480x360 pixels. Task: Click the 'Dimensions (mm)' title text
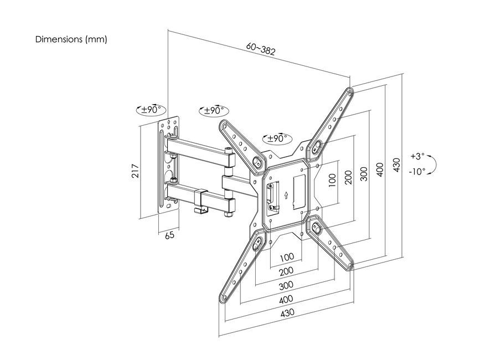pyautogui.click(x=71, y=40)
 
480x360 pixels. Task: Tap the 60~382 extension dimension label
pyautogui.click(x=261, y=50)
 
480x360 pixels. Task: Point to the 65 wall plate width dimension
pyautogui.click(x=170, y=235)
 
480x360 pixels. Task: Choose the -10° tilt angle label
pyautogui.click(x=417, y=172)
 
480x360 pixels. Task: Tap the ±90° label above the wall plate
pyautogui.click(x=151, y=110)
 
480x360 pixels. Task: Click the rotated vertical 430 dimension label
pyautogui.click(x=396, y=164)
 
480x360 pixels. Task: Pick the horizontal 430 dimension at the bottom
pyautogui.click(x=287, y=312)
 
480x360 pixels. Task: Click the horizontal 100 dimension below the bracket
pyautogui.click(x=286, y=258)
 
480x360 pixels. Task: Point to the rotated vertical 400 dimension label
pyautogui.click(x=380, y=168)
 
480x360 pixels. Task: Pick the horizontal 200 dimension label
pyautogui.click(x=286, y=271)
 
